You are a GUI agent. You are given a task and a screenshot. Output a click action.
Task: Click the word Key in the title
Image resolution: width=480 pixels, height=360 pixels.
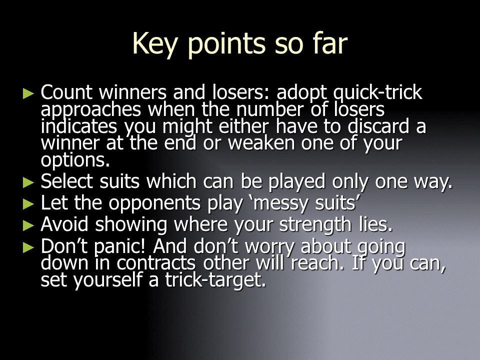[x=155, y=45]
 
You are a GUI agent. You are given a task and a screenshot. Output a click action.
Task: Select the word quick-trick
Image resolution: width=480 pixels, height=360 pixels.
[x=377, y=93]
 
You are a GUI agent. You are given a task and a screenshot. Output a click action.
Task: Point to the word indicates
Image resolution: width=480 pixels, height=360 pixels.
[x=79, y=126]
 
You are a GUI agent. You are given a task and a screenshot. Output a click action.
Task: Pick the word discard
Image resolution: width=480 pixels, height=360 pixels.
[x=378, y=126]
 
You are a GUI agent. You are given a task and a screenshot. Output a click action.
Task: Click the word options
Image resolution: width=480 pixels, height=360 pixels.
[x=75, y=160]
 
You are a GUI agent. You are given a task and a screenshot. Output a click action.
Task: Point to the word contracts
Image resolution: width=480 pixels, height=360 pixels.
[x=156, y=263]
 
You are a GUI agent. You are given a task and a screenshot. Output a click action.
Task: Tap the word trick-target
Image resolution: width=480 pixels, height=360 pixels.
[x=215, y=280]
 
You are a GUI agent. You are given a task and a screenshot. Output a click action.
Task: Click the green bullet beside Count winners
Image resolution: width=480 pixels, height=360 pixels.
[x=28, y=93]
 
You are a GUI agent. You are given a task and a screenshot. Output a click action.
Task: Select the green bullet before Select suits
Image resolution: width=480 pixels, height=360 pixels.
[x=28, y=183]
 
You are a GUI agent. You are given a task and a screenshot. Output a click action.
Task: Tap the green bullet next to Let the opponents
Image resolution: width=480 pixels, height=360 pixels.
[x=28, y=204]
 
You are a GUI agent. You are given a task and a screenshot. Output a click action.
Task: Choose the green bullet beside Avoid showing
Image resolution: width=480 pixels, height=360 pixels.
[x=28, y=225]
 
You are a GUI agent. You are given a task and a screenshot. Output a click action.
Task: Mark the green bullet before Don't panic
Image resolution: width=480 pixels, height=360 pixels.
[x=28, y=247]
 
